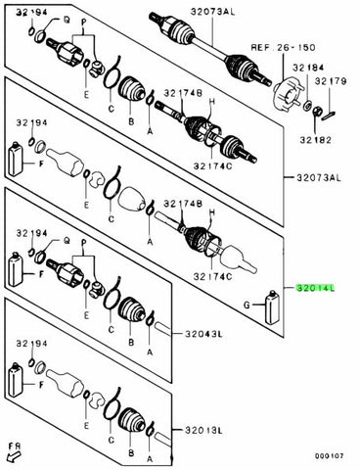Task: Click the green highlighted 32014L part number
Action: click(315, 289)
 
